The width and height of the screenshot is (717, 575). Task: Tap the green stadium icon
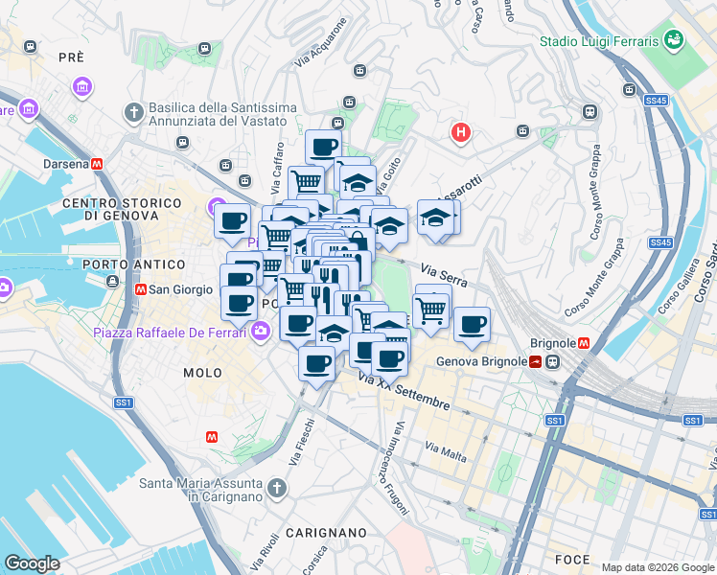coord(674,40)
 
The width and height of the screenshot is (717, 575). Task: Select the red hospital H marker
coord(461,132)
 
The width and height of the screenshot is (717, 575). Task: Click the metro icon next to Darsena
coord(97,164)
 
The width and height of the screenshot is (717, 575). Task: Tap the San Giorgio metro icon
coord(141,288)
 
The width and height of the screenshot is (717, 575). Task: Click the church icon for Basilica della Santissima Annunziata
coord(133,113)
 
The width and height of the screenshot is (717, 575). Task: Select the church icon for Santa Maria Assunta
coord(277,489)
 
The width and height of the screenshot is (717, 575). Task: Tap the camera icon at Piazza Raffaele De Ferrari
coord(261,332)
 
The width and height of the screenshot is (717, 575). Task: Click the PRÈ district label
coord(71,57)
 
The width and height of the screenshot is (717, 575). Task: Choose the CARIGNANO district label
coord(325,532)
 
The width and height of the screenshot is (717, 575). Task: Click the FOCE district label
coord(572,559)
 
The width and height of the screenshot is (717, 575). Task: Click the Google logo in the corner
coord(32,563)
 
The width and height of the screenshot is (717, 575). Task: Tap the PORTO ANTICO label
coord(133,264)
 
